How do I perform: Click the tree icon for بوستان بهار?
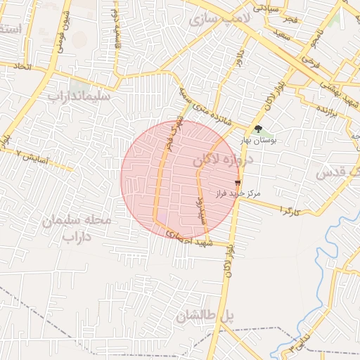point(258,129)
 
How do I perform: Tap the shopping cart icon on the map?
point(237,182)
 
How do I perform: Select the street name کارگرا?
point(290,210)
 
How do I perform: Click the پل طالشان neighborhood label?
point(205,316)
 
